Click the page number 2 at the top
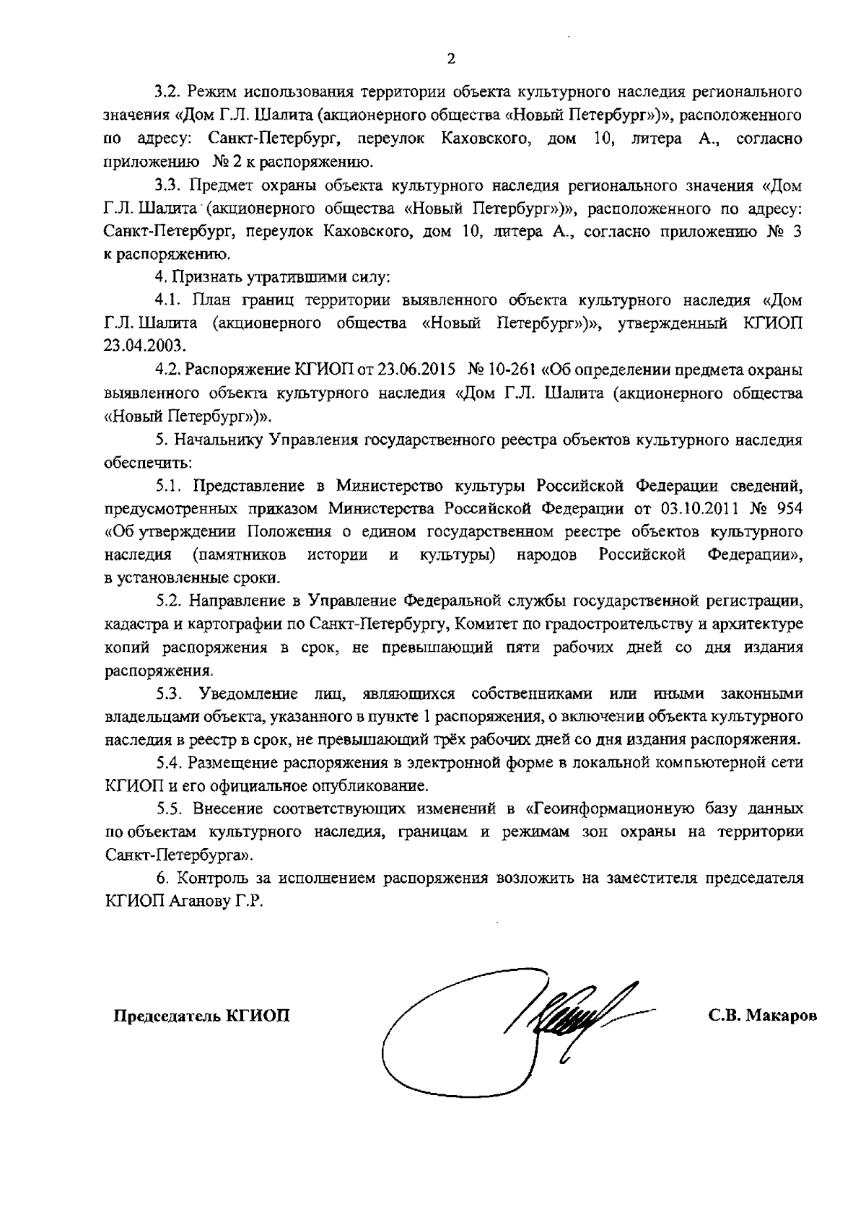[x=451, y=59]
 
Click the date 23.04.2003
[x=139, y=344]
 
